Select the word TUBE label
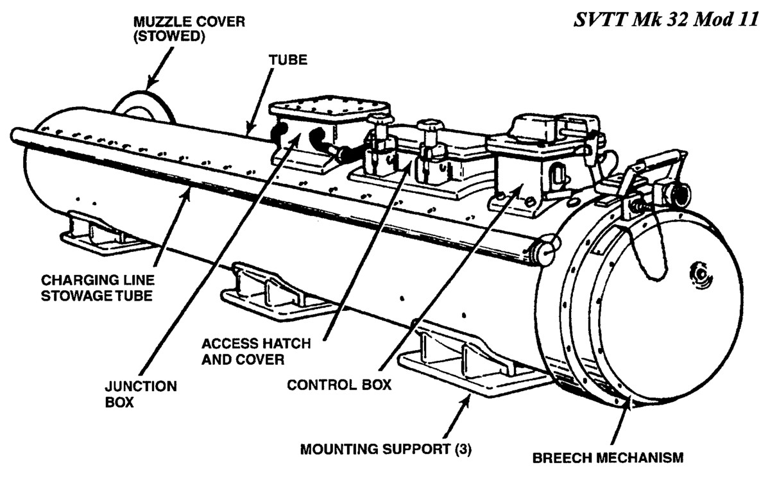289,60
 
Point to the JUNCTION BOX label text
132,394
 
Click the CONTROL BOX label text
339,385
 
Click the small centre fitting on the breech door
697,272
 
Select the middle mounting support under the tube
269,289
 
